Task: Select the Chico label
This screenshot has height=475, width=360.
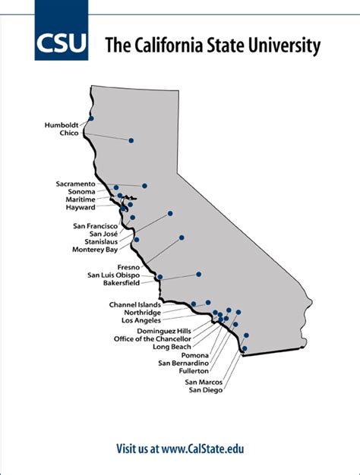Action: [70, 133]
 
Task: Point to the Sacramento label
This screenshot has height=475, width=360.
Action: [75, 184]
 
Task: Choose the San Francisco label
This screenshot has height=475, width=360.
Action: [95, 225]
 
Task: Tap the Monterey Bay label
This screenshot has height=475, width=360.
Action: [95, 249]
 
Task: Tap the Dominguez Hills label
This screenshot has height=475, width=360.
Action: [164, 331]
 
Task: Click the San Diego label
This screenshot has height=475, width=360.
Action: [207, 390]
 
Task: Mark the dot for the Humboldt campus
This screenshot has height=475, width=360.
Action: [91, 118]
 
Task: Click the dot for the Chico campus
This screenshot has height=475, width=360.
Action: [131, 140]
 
